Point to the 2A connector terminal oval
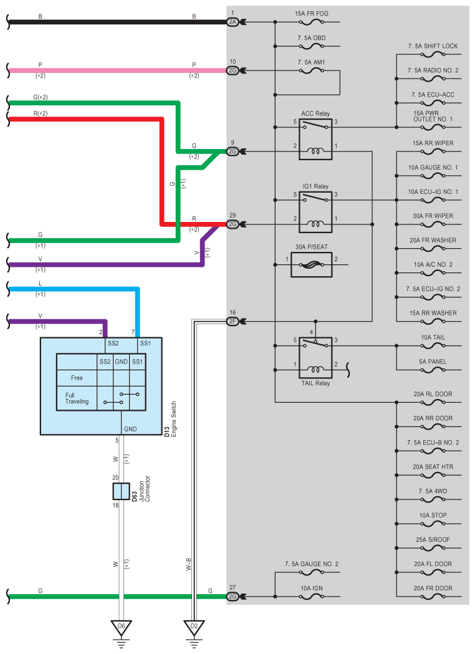pyautogui.click(x=233, y=22)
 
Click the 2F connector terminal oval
pyautogui.click(x=233, y=321)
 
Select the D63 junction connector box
pyautogui.click(x=121, y=491)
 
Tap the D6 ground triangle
pyautogui.click(x=121, y=627)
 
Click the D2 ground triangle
pyautogui.click(x=194, y=627)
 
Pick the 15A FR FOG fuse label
pyautogui.click(x=312, y=14)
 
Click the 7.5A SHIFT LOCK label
pyautogui.click(x=433, y=46)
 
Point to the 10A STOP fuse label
pyautogui.click(x=433, y=515)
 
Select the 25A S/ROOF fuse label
pyautogui.click(x=433, y=539)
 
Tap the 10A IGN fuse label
pyautogui.click(x=312, y=588)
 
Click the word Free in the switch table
pyautogui.click(x=77, y=378)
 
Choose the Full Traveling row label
pyautogui.click(x=77, y=398)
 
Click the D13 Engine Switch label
pyautogui.click(x=170, y=419)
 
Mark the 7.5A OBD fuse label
pyautogui.click(x=312, y=38)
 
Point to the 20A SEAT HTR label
pyautogui.click(x=433, y=467)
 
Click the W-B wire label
pyautogui.click(x=188, y=564)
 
